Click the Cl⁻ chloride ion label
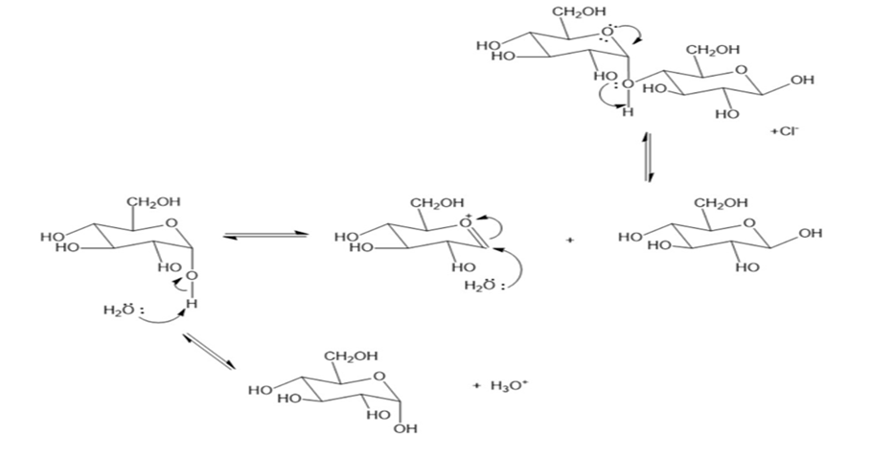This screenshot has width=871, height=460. tap(787, 132)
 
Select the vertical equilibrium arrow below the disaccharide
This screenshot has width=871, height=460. tap(648, 158)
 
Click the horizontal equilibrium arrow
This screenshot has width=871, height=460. tap(265, 236)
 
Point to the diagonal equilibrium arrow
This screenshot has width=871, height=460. tap(209, 351)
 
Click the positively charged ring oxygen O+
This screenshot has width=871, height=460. tap(466, 222)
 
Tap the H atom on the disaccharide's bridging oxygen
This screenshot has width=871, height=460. tap(628, 113)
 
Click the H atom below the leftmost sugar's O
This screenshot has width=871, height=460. tap(191, 304)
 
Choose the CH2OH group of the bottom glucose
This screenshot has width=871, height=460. tap(351, 356)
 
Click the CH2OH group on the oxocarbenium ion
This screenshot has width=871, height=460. tap(437, 203)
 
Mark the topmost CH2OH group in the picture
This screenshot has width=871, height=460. tap(579, 11)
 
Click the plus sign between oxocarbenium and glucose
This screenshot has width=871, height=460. tap(570, 240)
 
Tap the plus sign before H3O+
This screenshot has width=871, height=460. tap(476, 385)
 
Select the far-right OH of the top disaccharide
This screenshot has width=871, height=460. tap(803, 80)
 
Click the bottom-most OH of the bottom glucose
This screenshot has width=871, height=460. tap(405, 429)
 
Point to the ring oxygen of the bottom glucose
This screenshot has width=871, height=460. tap(379, 376)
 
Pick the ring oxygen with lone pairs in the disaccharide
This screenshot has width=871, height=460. tap(607, 33)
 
